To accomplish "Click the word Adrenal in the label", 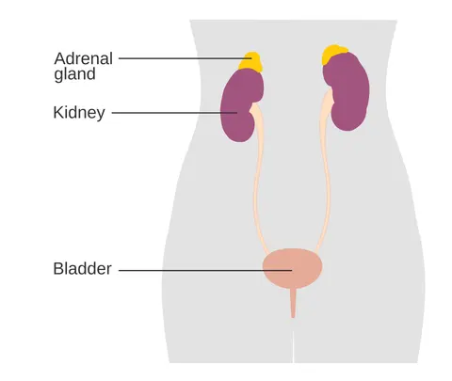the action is point(83,58).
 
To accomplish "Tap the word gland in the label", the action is point(74,74).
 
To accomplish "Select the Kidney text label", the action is point(79,113).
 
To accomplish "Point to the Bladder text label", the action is point(82,269).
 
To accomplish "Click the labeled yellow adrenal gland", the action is point(251,63).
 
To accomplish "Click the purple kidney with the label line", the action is point(240,105).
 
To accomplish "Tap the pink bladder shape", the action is point(293,268).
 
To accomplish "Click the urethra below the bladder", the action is point(293,303).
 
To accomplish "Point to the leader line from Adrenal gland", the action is point(186,58).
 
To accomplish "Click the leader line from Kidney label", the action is point(174,113).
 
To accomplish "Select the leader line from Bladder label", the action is point(205,270).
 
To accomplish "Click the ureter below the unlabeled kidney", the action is point(326,176).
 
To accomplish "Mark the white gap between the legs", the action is point(293,345).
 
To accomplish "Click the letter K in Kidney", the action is point(58,112).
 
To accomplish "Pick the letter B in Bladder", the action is point(58,269).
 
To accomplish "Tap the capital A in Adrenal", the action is point(60,58).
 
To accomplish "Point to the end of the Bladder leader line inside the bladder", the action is point(292,270).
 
